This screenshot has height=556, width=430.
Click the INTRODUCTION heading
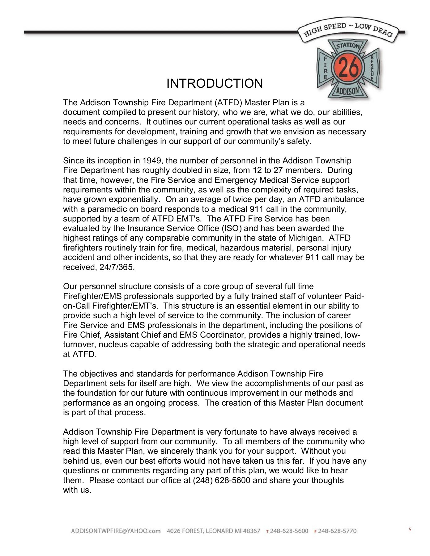pyautogui.click(x=215, y=84)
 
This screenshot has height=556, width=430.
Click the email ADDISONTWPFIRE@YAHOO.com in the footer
pyautogui.click(x=116, y=531)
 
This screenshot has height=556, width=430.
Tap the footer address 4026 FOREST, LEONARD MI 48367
pyautogui.click(x=213, y=531)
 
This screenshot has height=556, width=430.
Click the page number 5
pyautogui.click(x=410, y=530)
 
